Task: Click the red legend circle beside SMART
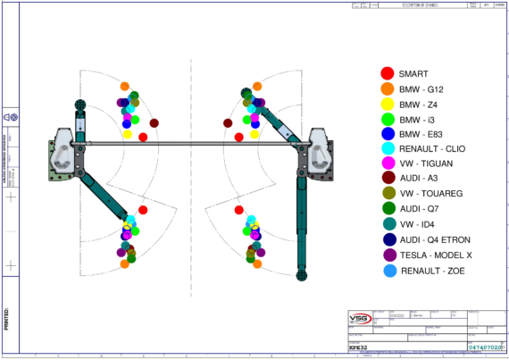[387, 74]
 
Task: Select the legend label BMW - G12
[421, 89]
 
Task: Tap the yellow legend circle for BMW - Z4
[387, 105]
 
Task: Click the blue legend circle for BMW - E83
[387, 134]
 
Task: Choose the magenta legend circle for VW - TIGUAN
[387, 164]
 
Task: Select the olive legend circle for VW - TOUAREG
[387, 194]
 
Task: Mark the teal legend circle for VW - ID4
[387, 224]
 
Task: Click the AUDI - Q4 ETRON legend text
[434, 239]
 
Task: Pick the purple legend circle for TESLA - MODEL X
[387, 255]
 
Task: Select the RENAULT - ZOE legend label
[431, 270]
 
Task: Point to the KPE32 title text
[360, 346]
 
